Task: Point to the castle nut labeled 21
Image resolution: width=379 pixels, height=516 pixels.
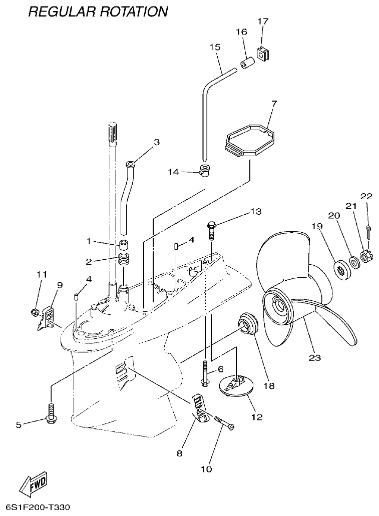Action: coord(364,258)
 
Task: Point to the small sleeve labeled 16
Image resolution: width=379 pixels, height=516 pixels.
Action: coord(246,65)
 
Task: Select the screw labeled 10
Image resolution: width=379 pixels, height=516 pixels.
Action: coord(225,422)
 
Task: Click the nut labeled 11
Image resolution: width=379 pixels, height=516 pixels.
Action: coord(35,313)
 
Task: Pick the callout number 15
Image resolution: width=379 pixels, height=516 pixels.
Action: coord(214,47)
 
